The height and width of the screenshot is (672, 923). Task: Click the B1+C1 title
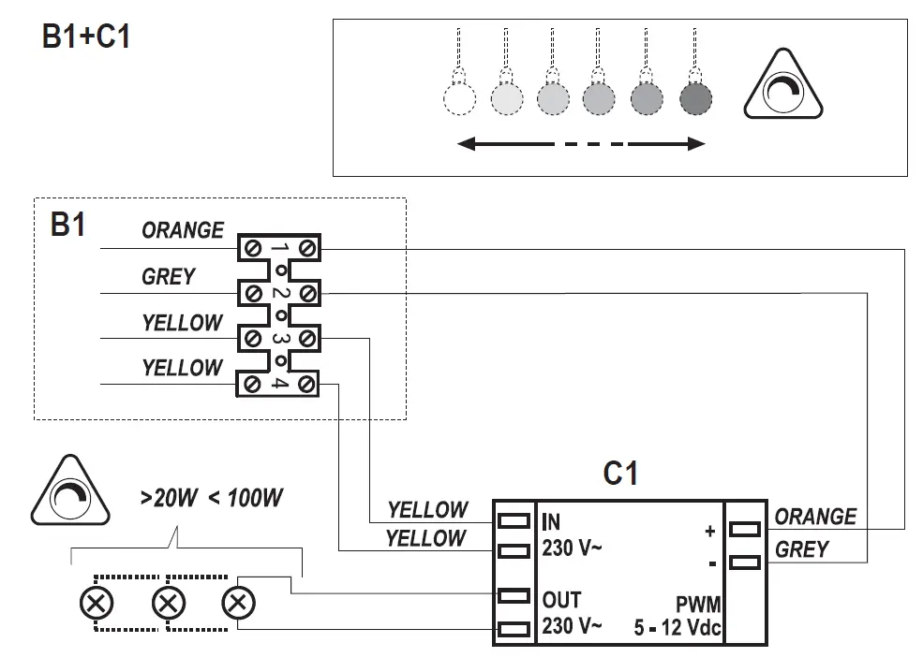[86, 37]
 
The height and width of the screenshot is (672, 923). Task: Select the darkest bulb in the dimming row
[695, 98]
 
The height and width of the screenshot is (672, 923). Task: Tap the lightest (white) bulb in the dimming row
[459, 98]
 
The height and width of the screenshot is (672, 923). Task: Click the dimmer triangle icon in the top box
[782, 85]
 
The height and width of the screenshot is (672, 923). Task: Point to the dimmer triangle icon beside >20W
[70, 491]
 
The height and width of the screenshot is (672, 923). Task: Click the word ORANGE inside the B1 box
[183, 230]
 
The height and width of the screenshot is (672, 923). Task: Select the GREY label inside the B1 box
[169, 276]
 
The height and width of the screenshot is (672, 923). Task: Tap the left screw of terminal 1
[253, 248]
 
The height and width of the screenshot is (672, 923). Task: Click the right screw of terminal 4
[306, 385]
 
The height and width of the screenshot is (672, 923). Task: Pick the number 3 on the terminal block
[279, 339]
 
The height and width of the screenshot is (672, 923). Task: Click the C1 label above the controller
[620, 474]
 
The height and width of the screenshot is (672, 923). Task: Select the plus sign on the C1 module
[710, 531]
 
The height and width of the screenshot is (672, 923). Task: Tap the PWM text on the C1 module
[698, 605]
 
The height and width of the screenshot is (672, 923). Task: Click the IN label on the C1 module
[551, 522]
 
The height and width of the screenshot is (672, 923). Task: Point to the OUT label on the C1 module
[561, 600]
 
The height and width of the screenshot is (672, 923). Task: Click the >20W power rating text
[169, 498]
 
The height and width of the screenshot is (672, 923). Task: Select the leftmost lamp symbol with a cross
[97, 604]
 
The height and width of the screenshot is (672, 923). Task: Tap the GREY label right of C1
[802, 549]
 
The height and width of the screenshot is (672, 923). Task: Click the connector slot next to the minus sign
[745, 562]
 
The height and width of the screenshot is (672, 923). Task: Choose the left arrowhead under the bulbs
[467, 143]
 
